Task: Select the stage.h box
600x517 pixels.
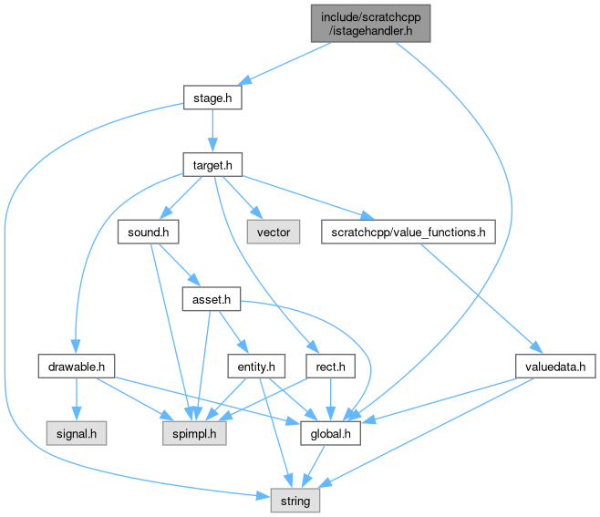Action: pos(212,97)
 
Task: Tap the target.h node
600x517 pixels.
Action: pos(212,164)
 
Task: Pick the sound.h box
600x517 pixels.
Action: pos(147,232)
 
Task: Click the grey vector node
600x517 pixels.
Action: pos(273,232)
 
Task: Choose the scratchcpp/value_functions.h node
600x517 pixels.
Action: pos(408,232)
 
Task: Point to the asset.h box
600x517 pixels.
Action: pos(211,299)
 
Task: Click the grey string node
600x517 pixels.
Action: pos(295,501)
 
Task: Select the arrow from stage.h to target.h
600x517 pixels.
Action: pos(212,130)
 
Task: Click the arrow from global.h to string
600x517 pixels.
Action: pos(315,467)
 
